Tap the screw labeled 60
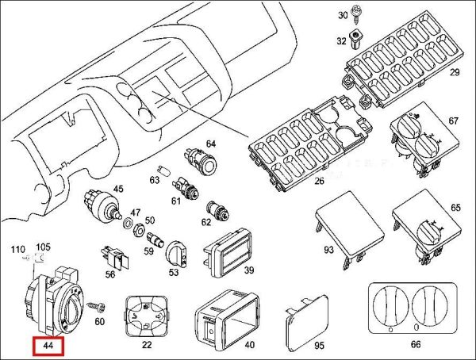[x=96, y=305]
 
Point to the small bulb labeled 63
[x=163, y=170]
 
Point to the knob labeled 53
[x=175, y=253]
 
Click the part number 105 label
[x=43, y=247]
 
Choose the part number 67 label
[x=454, y=121]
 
